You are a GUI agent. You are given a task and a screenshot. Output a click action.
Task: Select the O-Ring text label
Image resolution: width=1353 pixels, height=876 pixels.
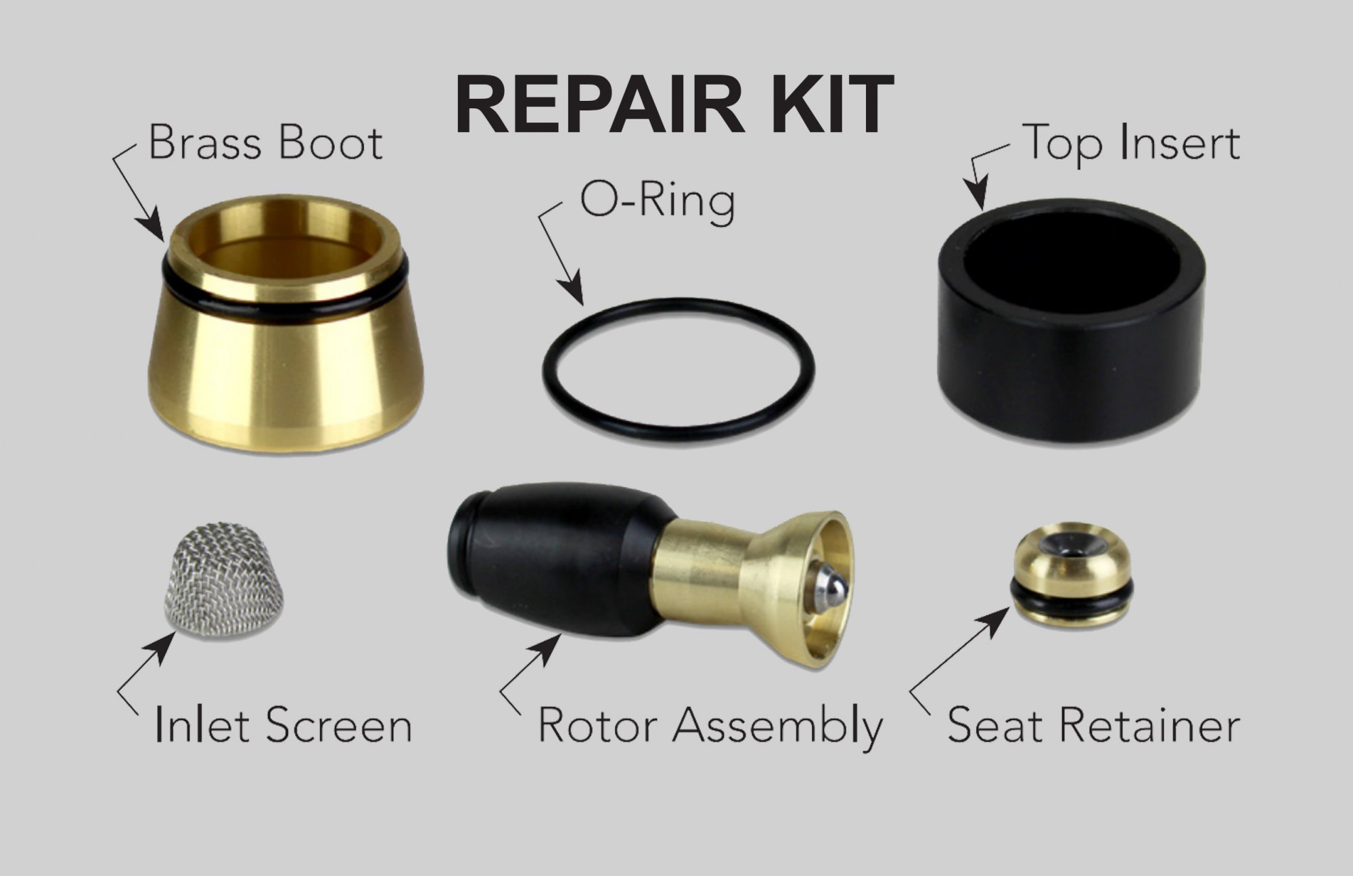click(656, 200)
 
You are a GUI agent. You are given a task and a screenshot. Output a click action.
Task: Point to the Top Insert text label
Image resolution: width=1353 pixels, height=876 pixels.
click(1132, 144)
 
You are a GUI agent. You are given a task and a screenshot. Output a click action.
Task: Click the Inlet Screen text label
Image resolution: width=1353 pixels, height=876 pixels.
click(283, 725)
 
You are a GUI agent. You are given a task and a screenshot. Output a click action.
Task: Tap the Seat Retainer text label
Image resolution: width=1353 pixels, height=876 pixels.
click(1093, 725)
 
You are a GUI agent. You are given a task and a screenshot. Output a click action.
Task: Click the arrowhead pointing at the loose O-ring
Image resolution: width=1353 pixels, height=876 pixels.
click(574, 290)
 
